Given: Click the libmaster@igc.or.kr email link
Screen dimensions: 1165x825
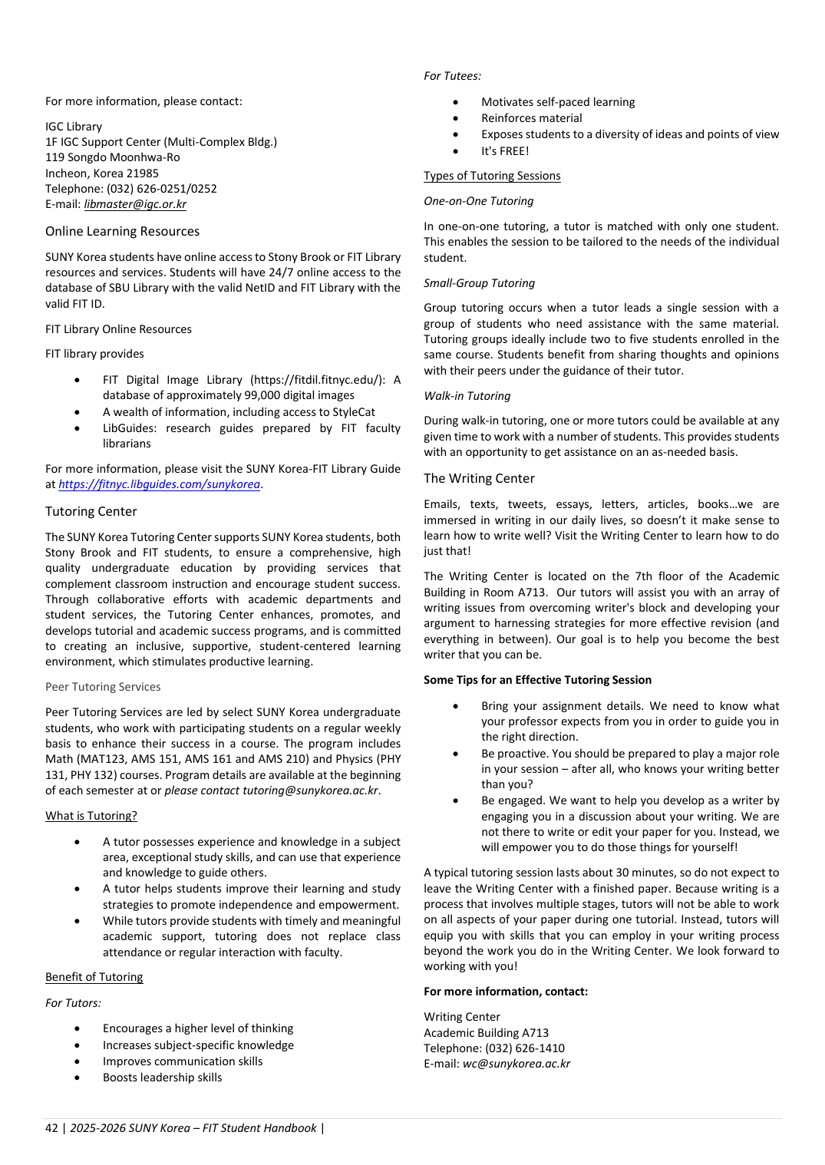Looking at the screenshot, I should [x=135, y=204].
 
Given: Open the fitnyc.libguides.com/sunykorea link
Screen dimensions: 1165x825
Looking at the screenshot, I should [x=159, y=484].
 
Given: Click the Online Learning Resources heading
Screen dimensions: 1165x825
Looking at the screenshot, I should [x=122, y=232].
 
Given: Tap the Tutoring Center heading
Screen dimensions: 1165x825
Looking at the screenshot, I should [x=91, y=512].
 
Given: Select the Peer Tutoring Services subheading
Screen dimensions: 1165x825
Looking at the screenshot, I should [x=103, y=687].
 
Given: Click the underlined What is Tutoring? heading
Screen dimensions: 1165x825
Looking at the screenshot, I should [x=91, y=816].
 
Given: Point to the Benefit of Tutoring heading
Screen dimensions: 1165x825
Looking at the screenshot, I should [x=94, y=977].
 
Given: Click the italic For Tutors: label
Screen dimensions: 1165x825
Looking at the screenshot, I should [x=73, y=1003].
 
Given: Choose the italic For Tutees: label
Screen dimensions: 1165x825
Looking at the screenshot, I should [x=452, y=76].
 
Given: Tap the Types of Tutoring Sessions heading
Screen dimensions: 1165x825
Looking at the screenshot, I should [x=492, y=176].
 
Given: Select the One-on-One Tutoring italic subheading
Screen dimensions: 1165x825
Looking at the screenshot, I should [x=478, y=201].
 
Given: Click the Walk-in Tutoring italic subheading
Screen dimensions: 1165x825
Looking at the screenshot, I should [x=467, y=396].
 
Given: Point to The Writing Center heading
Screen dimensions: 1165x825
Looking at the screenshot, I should [x=479, y=479].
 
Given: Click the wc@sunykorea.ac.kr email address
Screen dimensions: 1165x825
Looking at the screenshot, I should [x=516, y=1064].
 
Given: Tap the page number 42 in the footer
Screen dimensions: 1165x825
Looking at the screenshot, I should [x=51, y=1128].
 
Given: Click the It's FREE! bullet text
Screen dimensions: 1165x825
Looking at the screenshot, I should [x=505, y=151].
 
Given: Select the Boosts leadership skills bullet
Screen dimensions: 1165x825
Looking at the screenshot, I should [x=162, y=1078].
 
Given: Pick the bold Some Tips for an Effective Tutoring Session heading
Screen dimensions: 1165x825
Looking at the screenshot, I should [x=537, y=680].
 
